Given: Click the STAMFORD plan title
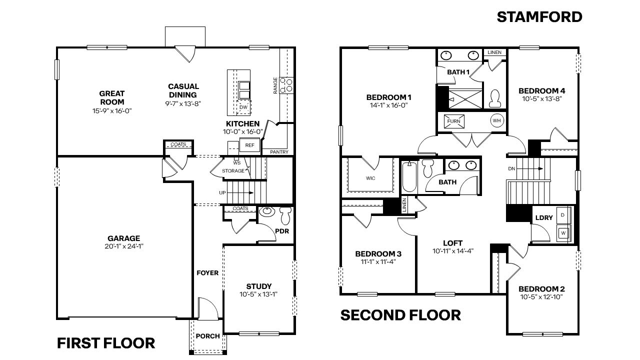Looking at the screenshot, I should [x=539, y=17].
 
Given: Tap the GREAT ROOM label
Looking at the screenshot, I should [x=111, y=97].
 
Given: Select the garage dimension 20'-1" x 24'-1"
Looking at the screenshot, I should [x=123, y=246].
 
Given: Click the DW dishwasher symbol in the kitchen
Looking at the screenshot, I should [x=243, y=107].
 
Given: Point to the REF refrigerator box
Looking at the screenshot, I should [x=249, y=145].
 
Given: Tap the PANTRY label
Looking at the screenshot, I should [x=278, y=151].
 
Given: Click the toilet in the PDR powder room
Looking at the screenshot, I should [x=285, y=215].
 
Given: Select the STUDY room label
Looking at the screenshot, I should [x=258, y=286].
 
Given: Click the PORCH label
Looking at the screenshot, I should [x=207, y=336].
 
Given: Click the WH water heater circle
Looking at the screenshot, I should [x=496, y=120].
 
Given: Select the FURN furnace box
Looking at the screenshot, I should [x=453, y=121].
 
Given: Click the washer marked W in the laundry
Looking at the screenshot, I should [x=563, y=232].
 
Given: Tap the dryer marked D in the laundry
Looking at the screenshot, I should [x=563, y=214].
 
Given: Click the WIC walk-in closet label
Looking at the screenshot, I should [x=370, y=177].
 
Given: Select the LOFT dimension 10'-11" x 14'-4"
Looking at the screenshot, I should [x=453, y=251].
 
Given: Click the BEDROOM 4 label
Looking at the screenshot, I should [x=541, y=90].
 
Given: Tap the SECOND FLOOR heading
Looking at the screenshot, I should [x=400, y=315].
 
